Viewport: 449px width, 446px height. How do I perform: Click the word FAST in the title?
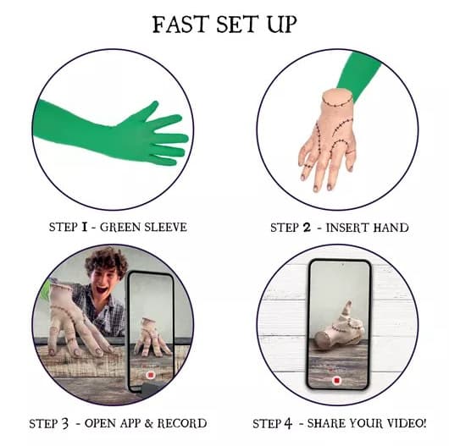180,25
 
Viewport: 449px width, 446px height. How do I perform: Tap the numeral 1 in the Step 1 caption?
84,227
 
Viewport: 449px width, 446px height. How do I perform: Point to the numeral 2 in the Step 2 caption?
307,228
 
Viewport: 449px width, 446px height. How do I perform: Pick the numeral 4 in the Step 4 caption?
288,423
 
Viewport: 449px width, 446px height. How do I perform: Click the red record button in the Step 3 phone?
150,375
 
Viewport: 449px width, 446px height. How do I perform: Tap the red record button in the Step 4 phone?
337,380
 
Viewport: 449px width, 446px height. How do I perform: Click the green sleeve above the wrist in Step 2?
358,74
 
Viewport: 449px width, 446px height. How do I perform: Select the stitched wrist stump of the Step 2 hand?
337,98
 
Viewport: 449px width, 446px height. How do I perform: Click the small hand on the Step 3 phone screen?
151,338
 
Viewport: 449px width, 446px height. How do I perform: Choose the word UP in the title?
281,25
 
